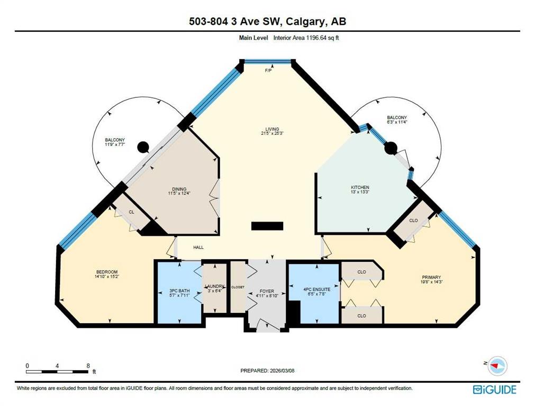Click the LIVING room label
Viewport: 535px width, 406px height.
273,129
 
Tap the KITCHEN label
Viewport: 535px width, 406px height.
360,188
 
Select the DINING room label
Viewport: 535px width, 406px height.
179,189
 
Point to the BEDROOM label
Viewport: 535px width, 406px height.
107,272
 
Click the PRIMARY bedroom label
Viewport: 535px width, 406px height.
431,277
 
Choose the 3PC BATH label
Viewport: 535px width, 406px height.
179,291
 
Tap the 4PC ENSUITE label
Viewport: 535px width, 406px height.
317,289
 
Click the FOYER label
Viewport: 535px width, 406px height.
267,291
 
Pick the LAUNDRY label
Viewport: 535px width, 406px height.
215,287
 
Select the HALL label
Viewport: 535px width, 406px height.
198,247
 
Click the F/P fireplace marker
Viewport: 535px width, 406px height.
268,71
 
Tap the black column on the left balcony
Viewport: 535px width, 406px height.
143,147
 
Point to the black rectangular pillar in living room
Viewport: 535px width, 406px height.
267,226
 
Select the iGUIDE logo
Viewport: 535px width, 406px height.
495,389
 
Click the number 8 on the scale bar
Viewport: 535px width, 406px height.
88,366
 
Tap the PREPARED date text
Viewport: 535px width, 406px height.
268,371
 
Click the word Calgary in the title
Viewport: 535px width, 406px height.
305,22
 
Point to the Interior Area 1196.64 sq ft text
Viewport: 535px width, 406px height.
306,38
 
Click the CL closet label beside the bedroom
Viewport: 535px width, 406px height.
131,212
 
